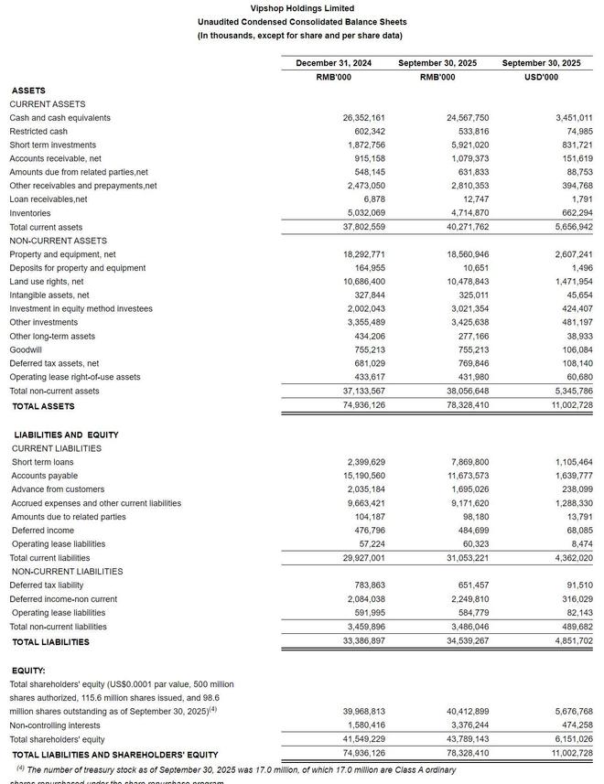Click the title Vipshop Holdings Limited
(302, 8)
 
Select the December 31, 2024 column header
(333, 63)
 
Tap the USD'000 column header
(541, 77)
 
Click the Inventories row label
(30, 213)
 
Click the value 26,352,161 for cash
(363, 118)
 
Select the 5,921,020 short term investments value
(468, 145)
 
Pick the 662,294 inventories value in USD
(574, 213)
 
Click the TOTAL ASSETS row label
(43, 406)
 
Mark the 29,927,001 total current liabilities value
(363, 558)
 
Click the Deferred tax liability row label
(47, 585)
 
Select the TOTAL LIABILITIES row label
(50, 642)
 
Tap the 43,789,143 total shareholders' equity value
(468, 739)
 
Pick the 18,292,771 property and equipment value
(363, 254)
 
